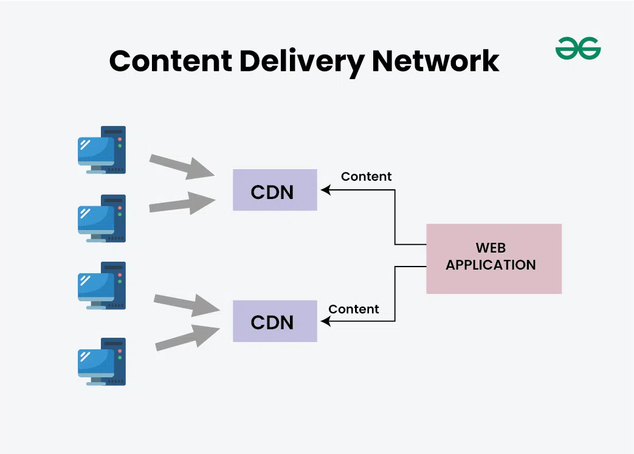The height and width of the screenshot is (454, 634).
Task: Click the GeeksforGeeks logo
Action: (578, 49)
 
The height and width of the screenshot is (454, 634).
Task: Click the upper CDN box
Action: (275, 190)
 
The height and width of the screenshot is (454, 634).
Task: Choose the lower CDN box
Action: (275, 321)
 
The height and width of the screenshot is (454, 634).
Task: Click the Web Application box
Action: (494, 258)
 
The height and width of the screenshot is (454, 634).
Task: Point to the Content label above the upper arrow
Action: (366, 176)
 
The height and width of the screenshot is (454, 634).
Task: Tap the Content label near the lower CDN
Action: (354, 309)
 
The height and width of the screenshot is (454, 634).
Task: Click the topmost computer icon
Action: (102, 150)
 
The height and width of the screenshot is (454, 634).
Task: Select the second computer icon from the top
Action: (102, 218)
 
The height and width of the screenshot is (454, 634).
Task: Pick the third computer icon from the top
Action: (102, 285)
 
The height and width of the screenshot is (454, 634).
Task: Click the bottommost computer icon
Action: (102, 361)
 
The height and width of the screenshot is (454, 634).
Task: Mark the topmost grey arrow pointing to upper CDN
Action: (182, 166)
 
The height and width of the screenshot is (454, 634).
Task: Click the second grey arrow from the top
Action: (182, 203)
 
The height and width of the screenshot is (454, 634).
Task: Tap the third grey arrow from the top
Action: (186, 304)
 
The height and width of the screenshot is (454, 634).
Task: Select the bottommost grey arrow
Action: (187, 338)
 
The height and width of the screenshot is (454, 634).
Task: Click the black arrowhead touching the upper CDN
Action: (325, 190)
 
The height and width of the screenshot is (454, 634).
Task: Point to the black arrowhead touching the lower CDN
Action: (325, 321)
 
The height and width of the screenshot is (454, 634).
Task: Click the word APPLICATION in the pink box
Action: (491, 265)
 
